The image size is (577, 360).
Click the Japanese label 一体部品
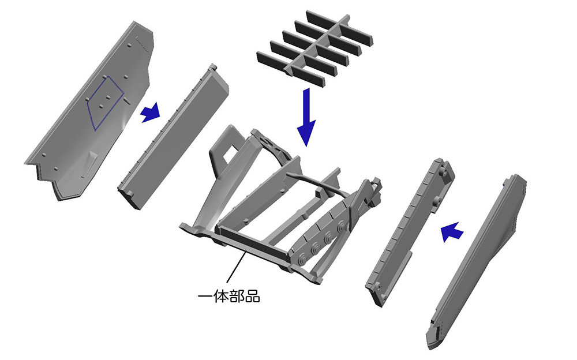tap(228, 296)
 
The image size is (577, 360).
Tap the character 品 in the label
tap(253, 296)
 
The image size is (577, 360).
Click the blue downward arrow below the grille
tap(306, 117)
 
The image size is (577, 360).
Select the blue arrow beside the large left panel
tap(151, 112)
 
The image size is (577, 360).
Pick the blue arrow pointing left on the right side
tap(452, 232)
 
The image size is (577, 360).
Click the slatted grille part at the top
tap(314, 48)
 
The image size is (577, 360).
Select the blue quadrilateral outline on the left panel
tap(105, 104)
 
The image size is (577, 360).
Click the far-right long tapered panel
tap(477, 262)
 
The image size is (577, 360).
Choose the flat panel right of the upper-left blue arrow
tap(173, 137)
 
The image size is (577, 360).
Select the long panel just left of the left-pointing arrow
tap(410, 232)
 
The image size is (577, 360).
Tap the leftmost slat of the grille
tap(291, 69)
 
